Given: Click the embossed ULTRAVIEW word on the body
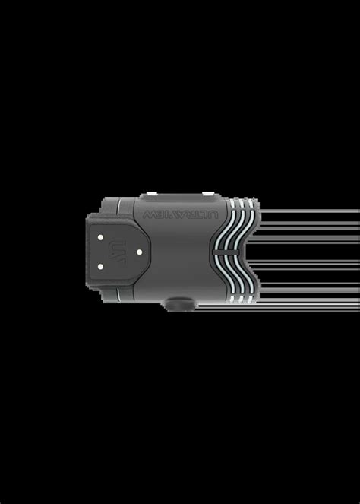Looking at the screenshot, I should tap(179, 215).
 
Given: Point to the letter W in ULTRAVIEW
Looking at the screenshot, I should tap(147, 215).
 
